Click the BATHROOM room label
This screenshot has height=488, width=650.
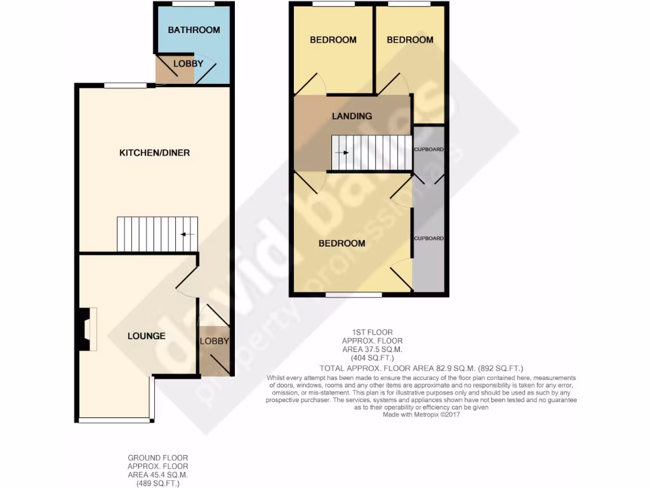194,30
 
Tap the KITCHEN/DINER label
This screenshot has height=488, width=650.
155,152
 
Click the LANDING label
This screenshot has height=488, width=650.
352,116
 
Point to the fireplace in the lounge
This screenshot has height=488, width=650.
86,329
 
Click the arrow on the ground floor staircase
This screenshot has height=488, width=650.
187,234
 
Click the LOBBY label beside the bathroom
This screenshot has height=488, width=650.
189,64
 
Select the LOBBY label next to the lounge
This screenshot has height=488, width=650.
214,341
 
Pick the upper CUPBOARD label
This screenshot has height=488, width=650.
428,149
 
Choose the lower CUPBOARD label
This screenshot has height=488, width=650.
428,238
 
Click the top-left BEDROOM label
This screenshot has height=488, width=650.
333,39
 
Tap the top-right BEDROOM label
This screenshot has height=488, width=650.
410,39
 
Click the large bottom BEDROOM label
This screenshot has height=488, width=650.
342,243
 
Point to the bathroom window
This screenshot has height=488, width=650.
193,4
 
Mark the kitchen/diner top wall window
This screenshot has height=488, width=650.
126,85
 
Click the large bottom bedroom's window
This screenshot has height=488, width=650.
354,295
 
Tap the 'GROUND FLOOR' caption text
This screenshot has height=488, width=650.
157,457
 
